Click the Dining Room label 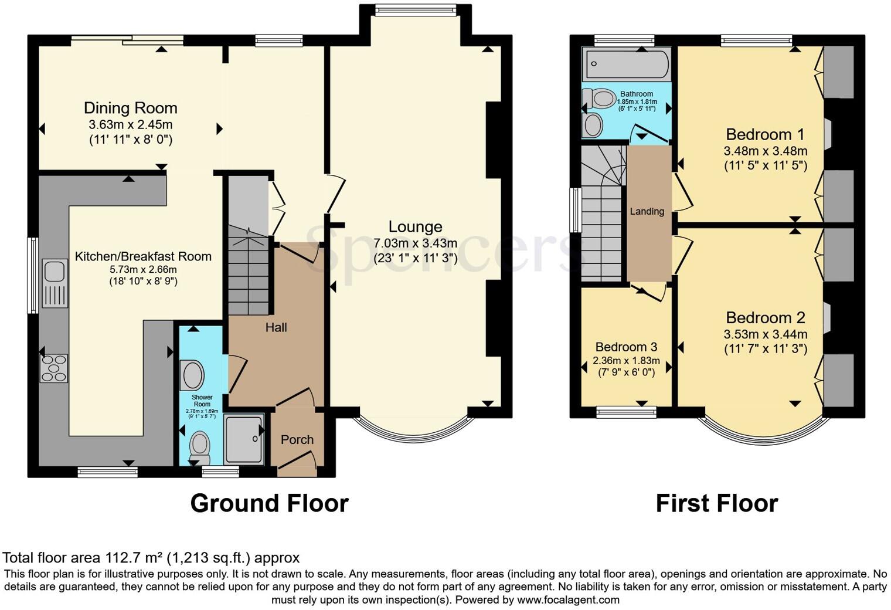click(x=130, y=108)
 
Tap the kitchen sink click(x=55, y=272)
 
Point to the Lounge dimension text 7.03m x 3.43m click(x=415, y=243)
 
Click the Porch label click(x=297, y=440)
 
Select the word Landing click(x=647, y=211)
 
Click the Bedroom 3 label click(x=626, y=347)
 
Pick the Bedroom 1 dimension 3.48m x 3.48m click(x=765, y=151)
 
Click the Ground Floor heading click(x=269, y=503)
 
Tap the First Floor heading click(x=716, y=503)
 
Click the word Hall click(x=276, y=327)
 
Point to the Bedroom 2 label click(x=765, y=318)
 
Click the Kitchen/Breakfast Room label click(x=143, y=256)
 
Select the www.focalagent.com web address click(x=568, y=600)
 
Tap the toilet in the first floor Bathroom click(x=603, y=99)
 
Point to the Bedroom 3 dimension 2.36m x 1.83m click(x=626, y=361)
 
